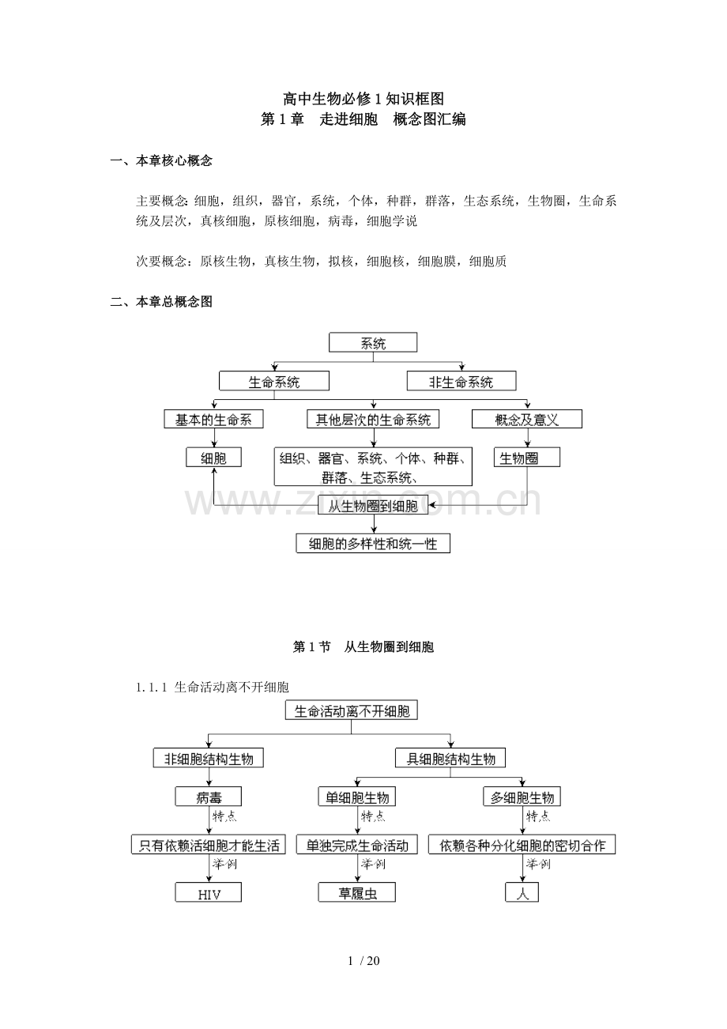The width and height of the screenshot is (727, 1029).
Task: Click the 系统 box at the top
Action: click(373, 343)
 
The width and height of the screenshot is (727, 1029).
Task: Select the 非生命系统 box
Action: click(461, 381)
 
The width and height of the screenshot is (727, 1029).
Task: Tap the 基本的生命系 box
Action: click(213, 420)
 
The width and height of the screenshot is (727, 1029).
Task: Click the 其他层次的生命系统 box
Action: click(373, 420)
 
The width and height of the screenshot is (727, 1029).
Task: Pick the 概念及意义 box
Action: click(526, 420)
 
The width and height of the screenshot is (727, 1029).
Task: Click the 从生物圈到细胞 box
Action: click(373, 507)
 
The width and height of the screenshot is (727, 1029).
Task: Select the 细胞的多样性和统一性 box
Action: click(373, 544)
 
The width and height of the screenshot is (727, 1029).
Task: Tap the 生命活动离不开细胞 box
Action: click(352, 710)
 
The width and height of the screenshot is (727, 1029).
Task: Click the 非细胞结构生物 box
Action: click(209, 759)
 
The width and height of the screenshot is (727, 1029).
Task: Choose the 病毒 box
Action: click(209, 797)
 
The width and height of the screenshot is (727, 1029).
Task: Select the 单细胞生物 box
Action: click(356, 797)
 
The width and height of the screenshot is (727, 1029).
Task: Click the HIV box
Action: click(209, 894)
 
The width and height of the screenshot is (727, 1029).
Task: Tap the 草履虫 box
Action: click(357, 894)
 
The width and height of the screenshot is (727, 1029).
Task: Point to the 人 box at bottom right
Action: click(522, 894)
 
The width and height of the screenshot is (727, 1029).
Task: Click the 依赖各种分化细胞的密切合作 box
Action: click(522, 845)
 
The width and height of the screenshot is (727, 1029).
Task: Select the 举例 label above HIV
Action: click(224, 864)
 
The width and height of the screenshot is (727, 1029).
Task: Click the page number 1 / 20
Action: click(363, 961)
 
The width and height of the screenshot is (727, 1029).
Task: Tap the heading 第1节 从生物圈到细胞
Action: click(363, 647)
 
